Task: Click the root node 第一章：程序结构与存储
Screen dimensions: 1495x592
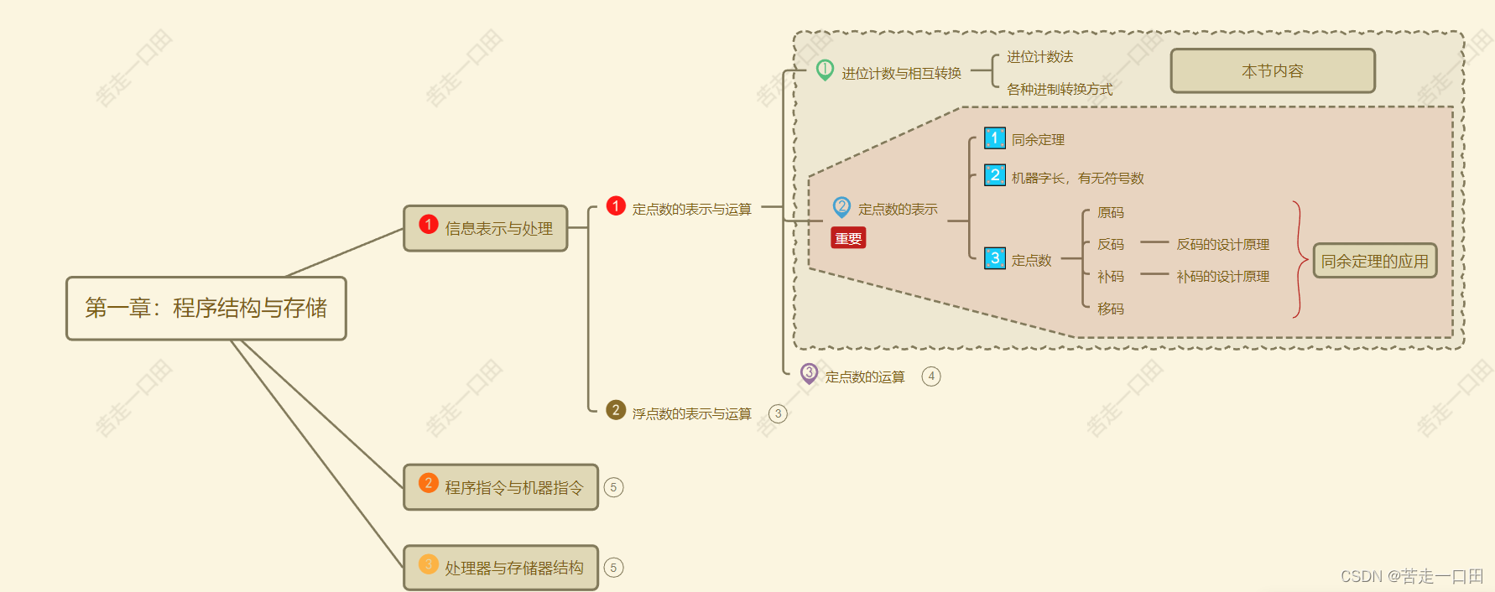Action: (206, 309)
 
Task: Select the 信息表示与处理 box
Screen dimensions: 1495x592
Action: (486, 228)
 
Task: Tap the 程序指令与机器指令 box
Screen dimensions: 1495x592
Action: (501, 487)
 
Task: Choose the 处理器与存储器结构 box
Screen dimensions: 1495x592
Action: (501, 568)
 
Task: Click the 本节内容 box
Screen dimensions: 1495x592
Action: (1272, 71)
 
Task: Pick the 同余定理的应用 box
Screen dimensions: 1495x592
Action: (1374, 261)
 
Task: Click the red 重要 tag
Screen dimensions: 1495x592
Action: (848, 239)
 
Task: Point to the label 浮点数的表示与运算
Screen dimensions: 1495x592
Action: (691, 413)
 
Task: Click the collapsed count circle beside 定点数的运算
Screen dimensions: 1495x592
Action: (931, 376)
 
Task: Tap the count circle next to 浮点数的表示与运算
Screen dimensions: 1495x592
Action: (779, 413)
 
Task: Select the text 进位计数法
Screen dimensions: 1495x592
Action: (1039, 57)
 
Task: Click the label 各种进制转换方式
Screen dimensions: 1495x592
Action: (1060, 89)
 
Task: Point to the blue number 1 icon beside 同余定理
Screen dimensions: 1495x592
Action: (995, 138)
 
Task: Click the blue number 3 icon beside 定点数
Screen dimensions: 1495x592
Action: (995, 258)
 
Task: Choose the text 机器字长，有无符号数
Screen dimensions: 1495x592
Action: (1077, 178)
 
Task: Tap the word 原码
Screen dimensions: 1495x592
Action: (1110, 213)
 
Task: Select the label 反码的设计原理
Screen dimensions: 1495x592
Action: (1222, 245)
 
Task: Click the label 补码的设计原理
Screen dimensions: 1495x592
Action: (1222, 277)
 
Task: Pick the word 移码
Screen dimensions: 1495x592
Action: (1110, 309)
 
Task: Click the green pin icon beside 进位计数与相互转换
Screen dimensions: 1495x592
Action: (825, 70)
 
